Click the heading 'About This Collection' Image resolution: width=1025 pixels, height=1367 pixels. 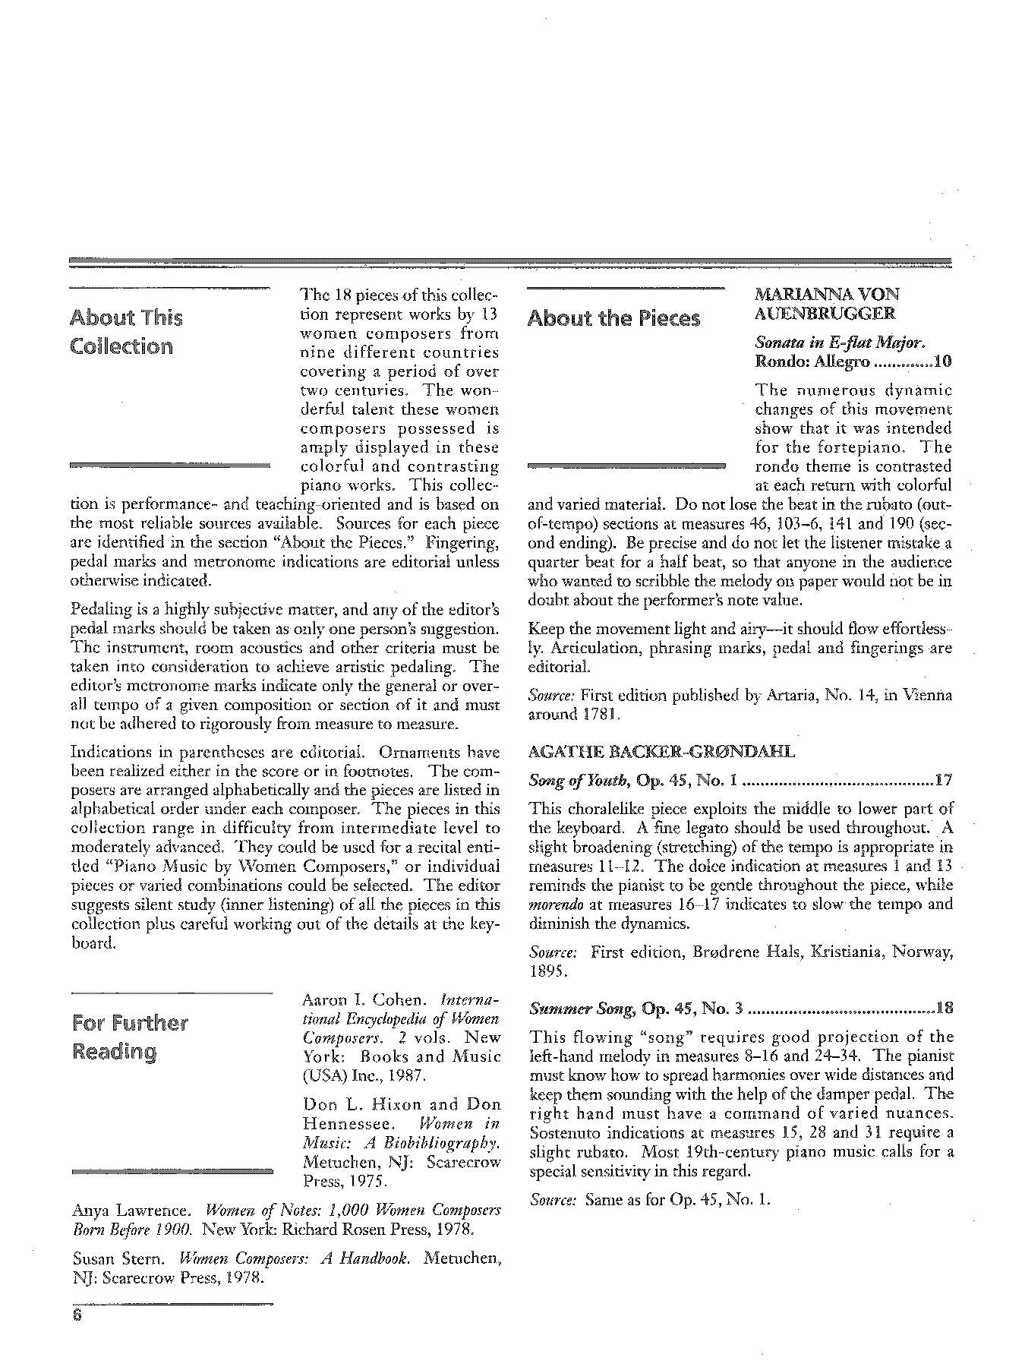click(x=126, y=332)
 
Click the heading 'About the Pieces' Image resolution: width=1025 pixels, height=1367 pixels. click(x=613, y=318)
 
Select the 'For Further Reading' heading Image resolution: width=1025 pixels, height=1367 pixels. click(x=129, y=1037)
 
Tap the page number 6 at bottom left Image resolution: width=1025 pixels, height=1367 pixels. click(x=77, y=1315)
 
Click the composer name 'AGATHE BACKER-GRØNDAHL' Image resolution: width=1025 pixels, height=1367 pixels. click(x=661, y=753)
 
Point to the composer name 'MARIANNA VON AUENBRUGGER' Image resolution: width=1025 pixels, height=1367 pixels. click(x=826, y=304)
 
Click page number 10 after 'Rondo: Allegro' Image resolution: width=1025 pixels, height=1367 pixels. click(x=941, y=361)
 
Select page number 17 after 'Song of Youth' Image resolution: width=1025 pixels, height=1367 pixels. click(x=944, y=780)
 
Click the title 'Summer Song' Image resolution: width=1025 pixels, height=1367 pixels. click(x=581, y=1009)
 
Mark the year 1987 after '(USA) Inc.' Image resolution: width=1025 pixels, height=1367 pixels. click(x=393, y=1076)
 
